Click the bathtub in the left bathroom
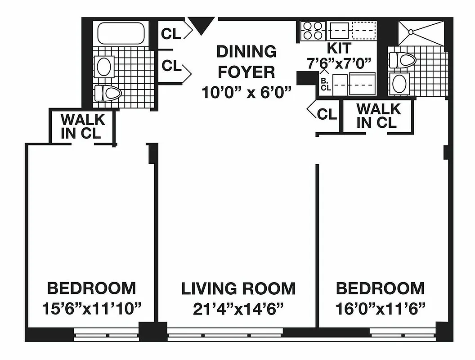(x=121, y=33)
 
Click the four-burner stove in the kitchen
(x=312, y=31)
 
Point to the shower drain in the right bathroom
(x=410, y=31)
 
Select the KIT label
(x=339, y=48)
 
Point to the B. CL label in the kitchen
(x=326, y=85)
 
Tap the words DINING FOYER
(x=246, y=62)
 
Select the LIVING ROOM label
(x=238, y=288)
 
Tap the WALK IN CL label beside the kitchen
(x=378, y=116)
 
